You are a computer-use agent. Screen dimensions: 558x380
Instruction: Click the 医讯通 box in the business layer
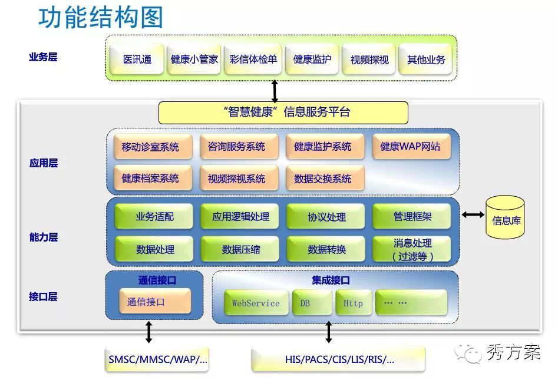[137, 59]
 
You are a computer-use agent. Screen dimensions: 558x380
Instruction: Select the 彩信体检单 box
[253, 59]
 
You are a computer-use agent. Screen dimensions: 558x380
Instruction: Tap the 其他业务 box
[426, 59]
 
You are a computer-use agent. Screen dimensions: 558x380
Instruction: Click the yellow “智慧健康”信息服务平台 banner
[283, 113]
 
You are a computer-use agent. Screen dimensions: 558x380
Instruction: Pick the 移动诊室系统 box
[153, 146]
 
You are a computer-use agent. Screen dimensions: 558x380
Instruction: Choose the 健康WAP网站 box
[411, 146]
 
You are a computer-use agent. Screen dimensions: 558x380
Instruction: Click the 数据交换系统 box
[325, 178]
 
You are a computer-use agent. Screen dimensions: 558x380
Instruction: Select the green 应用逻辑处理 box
[240, 216]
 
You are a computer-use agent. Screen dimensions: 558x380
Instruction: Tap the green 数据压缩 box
[240, 249]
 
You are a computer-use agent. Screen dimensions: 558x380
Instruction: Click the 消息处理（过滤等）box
[412, 249]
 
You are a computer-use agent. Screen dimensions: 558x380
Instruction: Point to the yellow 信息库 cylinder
[505, 217]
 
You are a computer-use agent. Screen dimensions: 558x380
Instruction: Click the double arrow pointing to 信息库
[473, 214]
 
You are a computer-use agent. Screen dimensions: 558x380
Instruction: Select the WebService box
[256, 303]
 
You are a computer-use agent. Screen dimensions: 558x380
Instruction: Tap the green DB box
[312, 303]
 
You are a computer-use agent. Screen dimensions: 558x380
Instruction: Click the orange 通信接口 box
[155, 302]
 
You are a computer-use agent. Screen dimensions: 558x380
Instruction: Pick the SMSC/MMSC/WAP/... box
[157, 359]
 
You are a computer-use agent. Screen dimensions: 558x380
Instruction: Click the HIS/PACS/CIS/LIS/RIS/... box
[338, 360]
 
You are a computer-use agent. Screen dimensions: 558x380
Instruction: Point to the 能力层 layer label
[44, 237]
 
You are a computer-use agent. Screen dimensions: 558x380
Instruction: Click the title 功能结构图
[101, 17]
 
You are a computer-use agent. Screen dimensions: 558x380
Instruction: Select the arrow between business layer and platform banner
[275, 91]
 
